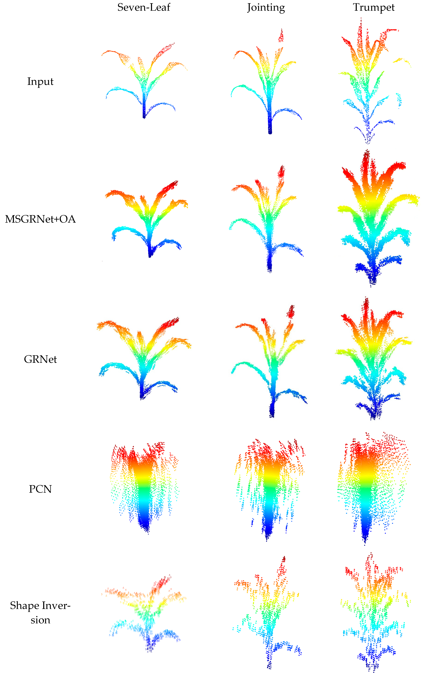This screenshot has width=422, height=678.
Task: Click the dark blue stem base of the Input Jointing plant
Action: (x=270, y=128)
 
